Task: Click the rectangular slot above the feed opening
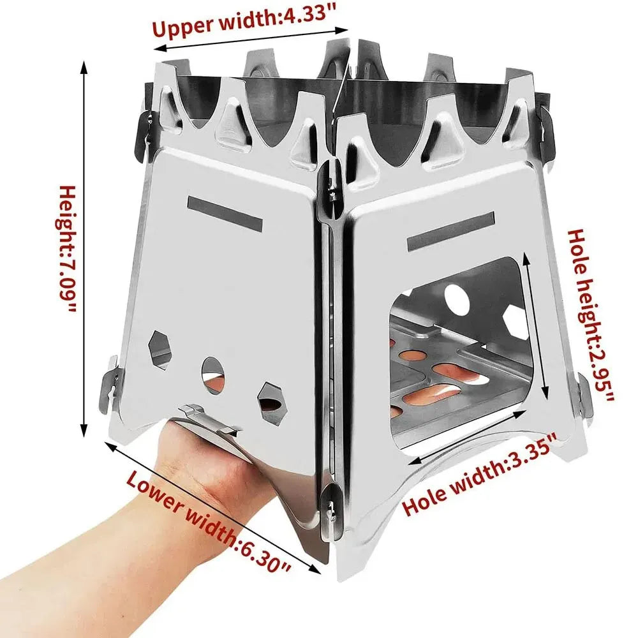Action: (452, 232)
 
